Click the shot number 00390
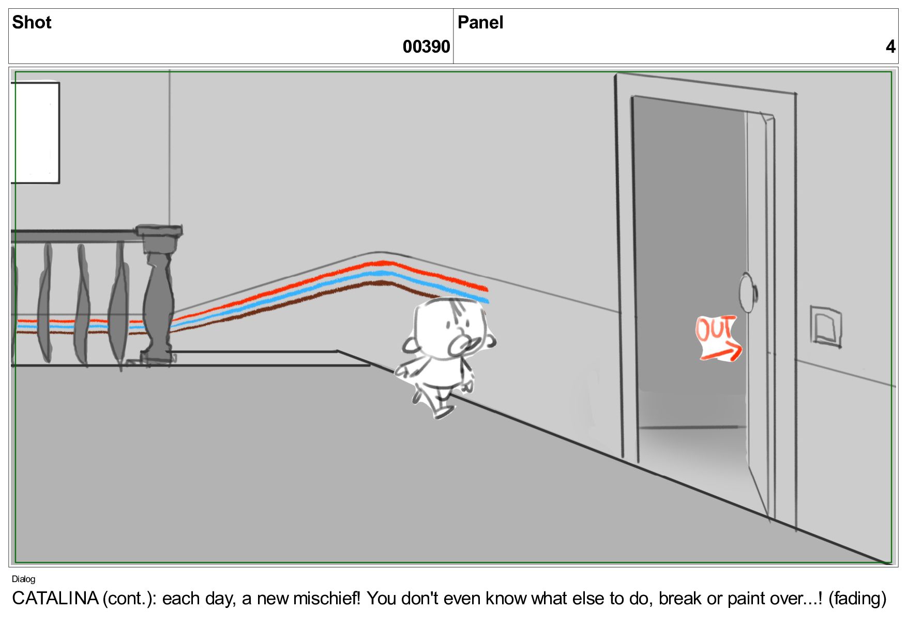(426, 47)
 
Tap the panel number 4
(890, 47)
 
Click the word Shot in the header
(32, 22)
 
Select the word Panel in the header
(480, 22)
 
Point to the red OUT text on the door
(715, 328)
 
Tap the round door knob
(747, 293)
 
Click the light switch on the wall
(826, 326)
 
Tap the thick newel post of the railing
(158, 295)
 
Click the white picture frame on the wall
(35, 132)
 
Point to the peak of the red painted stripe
(383, 263)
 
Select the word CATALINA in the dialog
(55, 598)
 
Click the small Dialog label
(23, 579)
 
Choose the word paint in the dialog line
(746, 599)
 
